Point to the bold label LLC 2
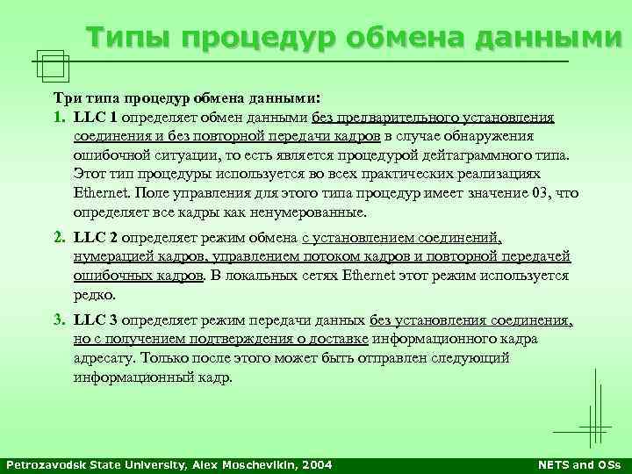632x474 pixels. click(x=97, y=237)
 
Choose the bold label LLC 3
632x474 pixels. click(x=97, y=320)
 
